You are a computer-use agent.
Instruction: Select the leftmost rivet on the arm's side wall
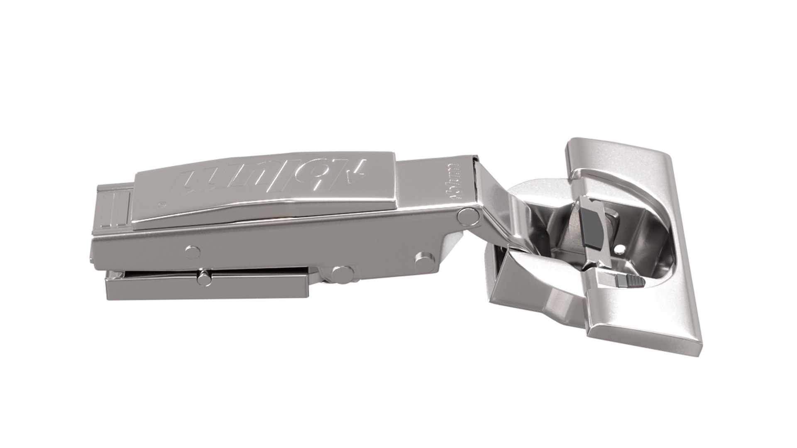[192, 251]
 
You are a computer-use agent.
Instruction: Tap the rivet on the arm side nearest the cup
[423, 261]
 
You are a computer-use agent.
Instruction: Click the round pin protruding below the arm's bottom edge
[342, 273]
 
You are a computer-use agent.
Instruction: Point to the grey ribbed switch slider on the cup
[629, 282]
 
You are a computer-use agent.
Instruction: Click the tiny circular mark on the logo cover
[163, 204]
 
